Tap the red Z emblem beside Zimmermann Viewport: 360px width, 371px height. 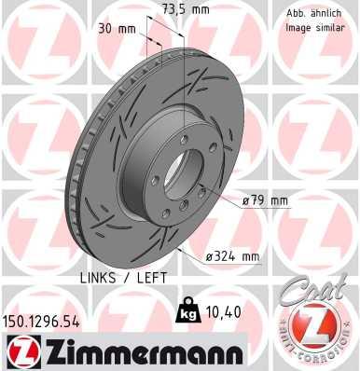pyautogui.click(x=20, y=352)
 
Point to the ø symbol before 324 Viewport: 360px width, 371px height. pyautogui.click(x=210, y=255)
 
